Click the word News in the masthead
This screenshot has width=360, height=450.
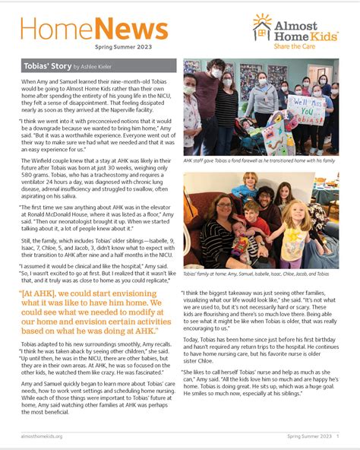tap(131, 30)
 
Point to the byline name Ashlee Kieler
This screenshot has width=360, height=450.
tap(111, 67)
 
